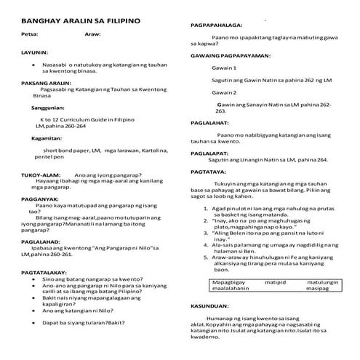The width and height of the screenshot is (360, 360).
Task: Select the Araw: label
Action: point(93,35)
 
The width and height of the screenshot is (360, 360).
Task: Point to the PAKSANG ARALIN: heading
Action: point(47,83)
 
